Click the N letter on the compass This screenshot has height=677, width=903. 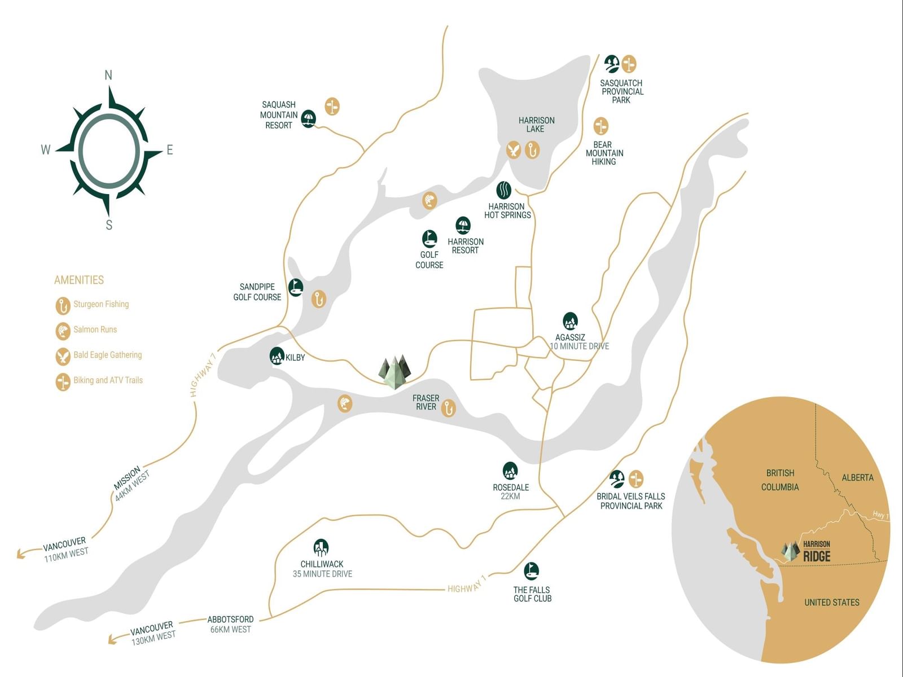pyautogui.click(x=108, y=75)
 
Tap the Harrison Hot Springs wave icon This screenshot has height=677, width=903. pyautogui.click(x=503, y=190)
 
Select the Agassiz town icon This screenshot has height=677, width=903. pyautogui.click(x=570, y=321)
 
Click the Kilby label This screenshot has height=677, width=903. pyautogui.click(x=295, y=358)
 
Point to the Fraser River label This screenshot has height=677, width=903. pyautogui.click(x=426, y=402)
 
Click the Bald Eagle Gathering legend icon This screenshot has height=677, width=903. pyautogui.click(x=63, y=357)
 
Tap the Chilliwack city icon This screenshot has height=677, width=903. pyautogui.click(x=321, y=547)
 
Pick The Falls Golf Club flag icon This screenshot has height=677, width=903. pyautogui.click(x=532, y=571)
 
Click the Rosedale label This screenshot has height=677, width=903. pyautogui.click(x=511, y=487)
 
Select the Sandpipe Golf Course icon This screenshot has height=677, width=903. pyautogui.click(x=295, y=287)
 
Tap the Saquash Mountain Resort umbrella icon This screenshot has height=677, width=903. pyautogui.click(x=308, y=119)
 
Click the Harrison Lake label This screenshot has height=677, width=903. pyautogui.click(x=536, y=125)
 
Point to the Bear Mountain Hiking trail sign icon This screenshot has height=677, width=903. pyautogui.click(x=600, y=126)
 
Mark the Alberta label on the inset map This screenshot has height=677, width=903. pyautogui.click(x=857, y=478)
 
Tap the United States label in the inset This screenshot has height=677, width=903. pyautogui.click(x=832, y=602)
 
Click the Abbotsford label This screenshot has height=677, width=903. pyautogui.click(x=230, y=619)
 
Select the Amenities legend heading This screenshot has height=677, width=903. pyautogui.click(x=79, y=280)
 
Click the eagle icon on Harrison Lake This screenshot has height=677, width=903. pyautogui.click(x=514, y=150)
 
